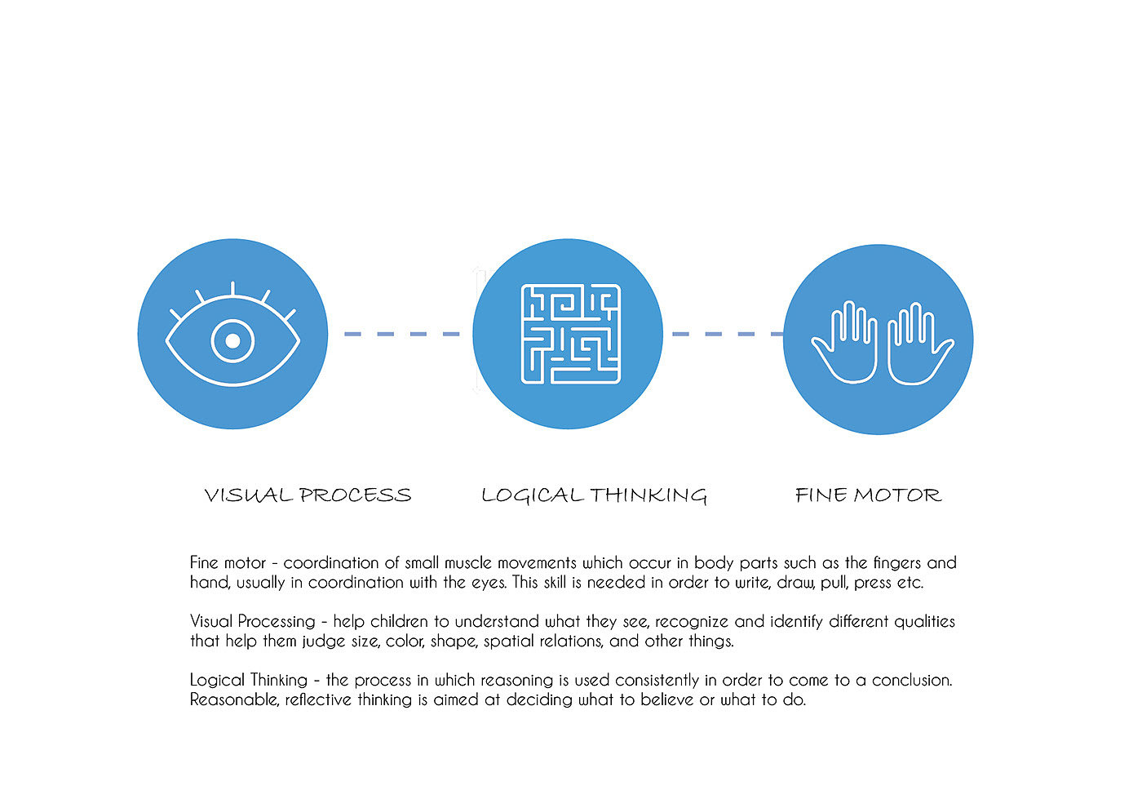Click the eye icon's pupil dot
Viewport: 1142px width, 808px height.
coord(232,341)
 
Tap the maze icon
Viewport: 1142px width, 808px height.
coord(570,334)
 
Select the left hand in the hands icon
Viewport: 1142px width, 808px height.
coord(846,343)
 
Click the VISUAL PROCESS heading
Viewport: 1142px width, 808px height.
coord(308,495)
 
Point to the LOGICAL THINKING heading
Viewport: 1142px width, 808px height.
coord(594,495)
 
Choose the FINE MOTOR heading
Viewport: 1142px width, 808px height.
coord(868,495)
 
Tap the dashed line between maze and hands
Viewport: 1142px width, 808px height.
coord(724,334)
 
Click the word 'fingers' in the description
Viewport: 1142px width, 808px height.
coord(897,563)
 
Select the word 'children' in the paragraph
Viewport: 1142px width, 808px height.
coord(399,622)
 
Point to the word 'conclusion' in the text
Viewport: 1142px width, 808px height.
coord(911,681)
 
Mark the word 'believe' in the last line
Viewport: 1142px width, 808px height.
coord(667,700)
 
